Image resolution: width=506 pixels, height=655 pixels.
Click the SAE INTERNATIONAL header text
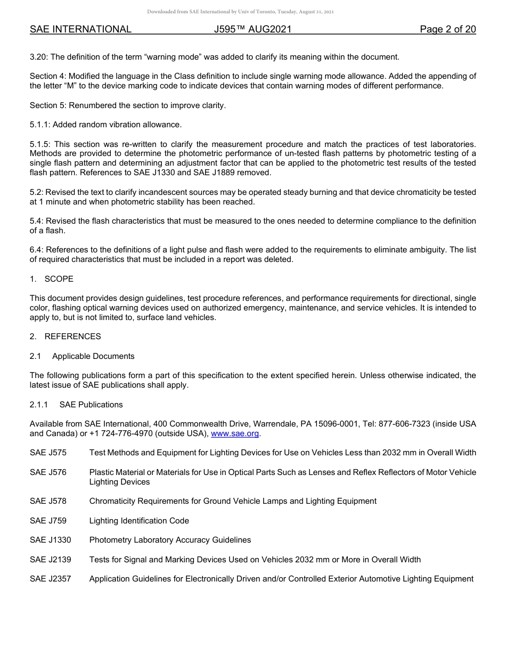80,29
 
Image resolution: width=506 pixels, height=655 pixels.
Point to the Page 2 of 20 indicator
447,29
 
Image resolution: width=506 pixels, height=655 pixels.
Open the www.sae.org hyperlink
235,433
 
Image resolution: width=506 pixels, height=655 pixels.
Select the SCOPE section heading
59,279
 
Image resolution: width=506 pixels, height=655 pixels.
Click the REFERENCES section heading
72,337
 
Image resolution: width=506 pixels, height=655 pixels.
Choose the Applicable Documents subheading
93,356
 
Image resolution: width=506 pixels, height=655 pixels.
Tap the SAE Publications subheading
91,405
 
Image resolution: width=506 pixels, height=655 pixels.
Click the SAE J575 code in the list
48,453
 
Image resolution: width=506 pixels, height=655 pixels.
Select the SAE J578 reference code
48,501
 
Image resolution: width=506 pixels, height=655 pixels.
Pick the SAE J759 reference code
48,520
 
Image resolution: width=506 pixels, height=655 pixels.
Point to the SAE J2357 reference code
50,579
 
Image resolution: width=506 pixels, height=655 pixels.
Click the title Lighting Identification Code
139,520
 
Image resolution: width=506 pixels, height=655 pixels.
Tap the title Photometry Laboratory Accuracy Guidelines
170,540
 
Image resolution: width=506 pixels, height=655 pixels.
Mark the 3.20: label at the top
39,56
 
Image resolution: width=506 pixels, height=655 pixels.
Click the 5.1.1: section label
41,125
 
